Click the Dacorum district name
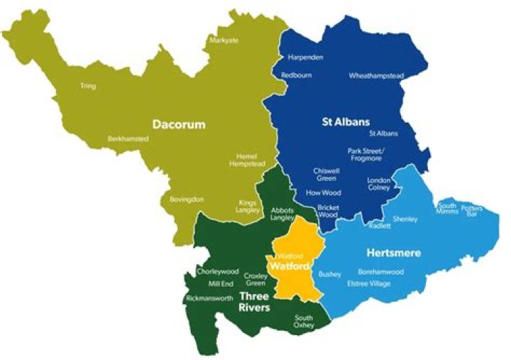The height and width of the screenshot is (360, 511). tap(178, 125)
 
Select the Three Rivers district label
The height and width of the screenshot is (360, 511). tap(254, 302)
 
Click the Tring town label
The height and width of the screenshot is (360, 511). tap(88, 86)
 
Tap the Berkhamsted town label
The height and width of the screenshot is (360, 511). tap(128, 138)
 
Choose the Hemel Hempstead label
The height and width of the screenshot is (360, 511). tap(247, 159)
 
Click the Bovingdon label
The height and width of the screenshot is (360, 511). tap(187, 200)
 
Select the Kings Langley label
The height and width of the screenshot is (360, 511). tap(248, 207)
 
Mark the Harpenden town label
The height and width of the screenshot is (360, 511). tap(306, 57)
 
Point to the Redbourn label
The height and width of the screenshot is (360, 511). tap(297, 75)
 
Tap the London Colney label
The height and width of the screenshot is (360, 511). tap(379, 185)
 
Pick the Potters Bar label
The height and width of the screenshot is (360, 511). tap(471, 212)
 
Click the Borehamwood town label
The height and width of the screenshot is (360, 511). tap(380, 272)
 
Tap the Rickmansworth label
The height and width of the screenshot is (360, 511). tap(209, 298)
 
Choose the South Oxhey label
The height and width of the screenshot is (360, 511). tap(303, 322)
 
